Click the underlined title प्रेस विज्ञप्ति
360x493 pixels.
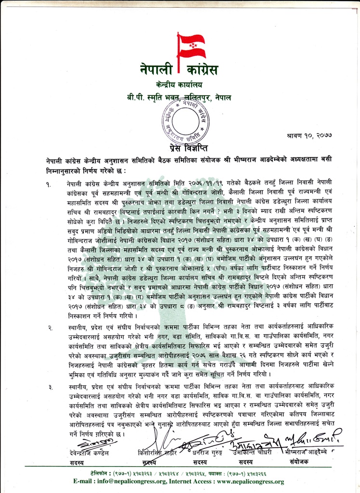click(x=180, y=147)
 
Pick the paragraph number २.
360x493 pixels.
click(x=50, y=328)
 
